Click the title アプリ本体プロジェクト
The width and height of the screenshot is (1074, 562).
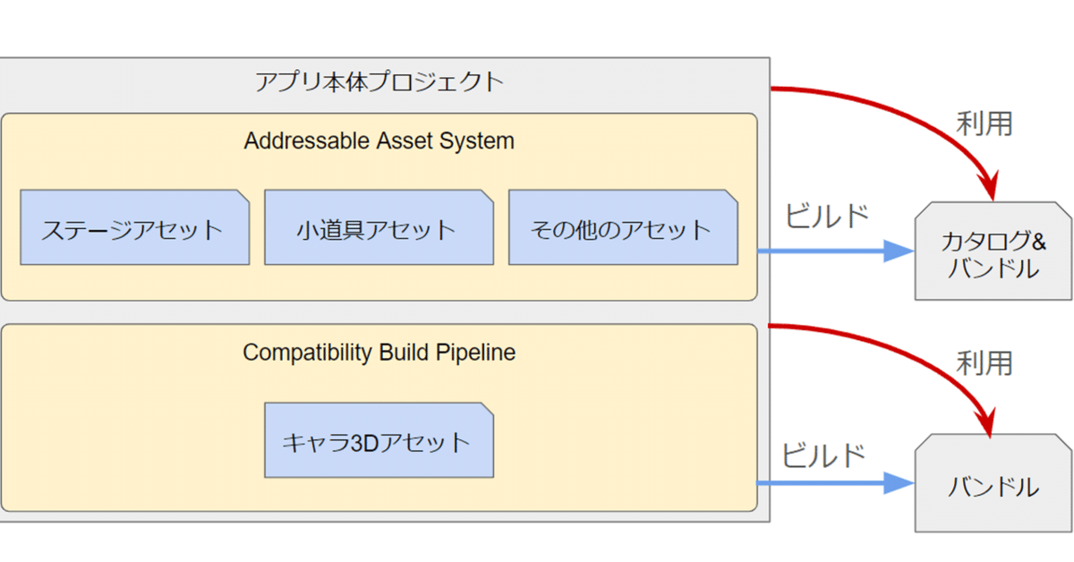tap(379, 82)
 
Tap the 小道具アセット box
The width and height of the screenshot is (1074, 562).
tap(378, 228)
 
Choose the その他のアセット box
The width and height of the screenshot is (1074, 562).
tap(623, 228)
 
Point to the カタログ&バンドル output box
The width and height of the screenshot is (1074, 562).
tap(993, 252)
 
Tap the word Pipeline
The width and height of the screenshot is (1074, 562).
tap(475, 352)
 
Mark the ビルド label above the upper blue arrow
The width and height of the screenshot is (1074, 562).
tap(827, 217)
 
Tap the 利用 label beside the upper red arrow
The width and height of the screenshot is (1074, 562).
tap(984, 123)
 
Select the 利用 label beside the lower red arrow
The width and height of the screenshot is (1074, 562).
tap(984, 363)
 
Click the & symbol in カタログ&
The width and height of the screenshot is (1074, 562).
tap(1038, 240)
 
